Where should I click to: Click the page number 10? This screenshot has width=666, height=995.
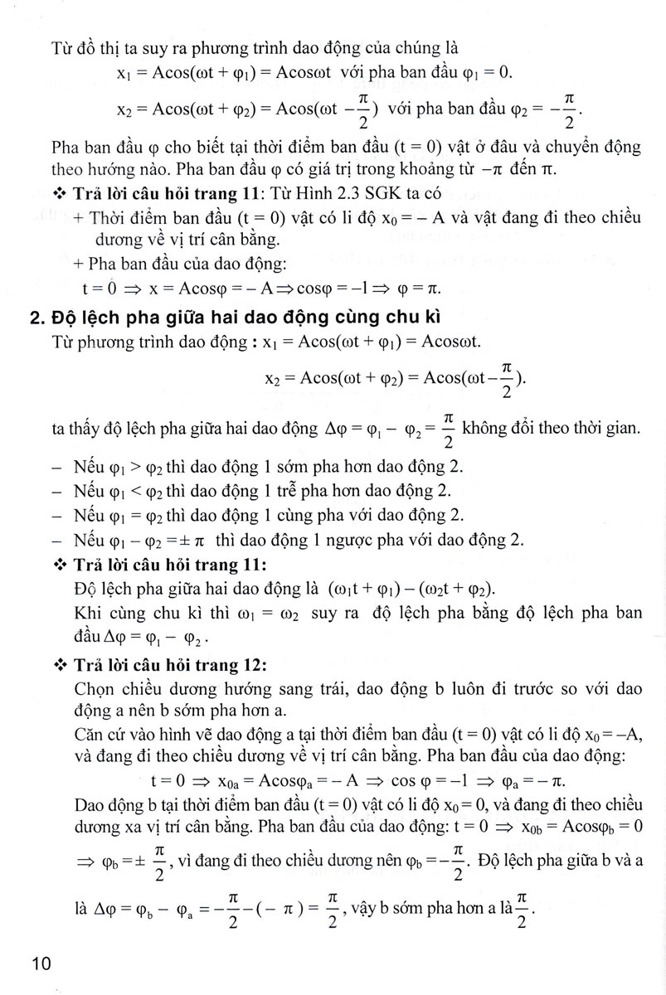(x=41, y=963)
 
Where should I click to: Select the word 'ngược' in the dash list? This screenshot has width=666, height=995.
(x=326, y=541)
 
